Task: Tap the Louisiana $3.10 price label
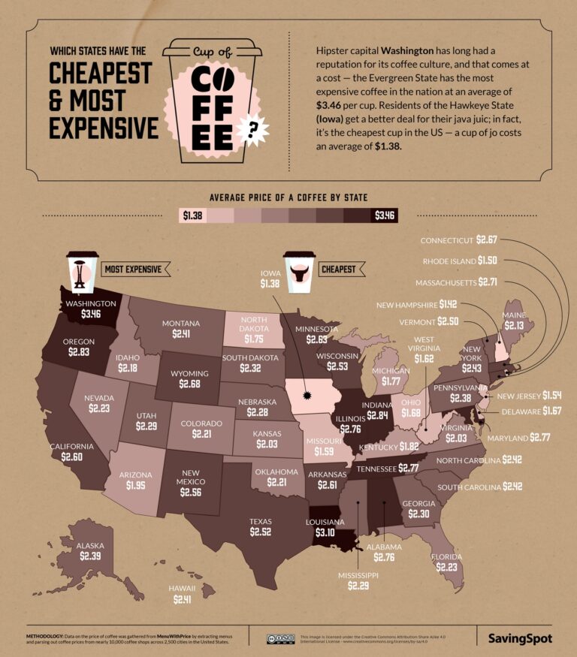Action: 325,534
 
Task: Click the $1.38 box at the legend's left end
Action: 192,215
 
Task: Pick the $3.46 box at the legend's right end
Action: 385,215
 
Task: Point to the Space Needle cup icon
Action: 81,271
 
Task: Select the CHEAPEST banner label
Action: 338,269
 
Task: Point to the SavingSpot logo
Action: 519,639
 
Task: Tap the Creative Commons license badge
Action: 280,638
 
